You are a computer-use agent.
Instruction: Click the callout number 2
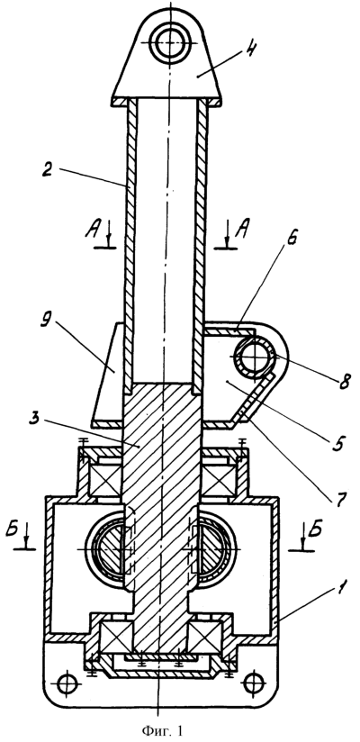pyautogui.click(x=47, y=170)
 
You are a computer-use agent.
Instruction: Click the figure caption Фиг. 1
pyautogui.click(x=161, y=730)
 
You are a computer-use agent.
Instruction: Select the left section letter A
pyautogui.click(x=93, y=231)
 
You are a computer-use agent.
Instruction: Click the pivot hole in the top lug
pyautogui.click(x=169, y=42)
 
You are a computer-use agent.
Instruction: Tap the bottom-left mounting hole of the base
pyautogui.click(x=67, y=683)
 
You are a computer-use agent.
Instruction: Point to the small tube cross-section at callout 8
pyautogui.click(x=254, y=358)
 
